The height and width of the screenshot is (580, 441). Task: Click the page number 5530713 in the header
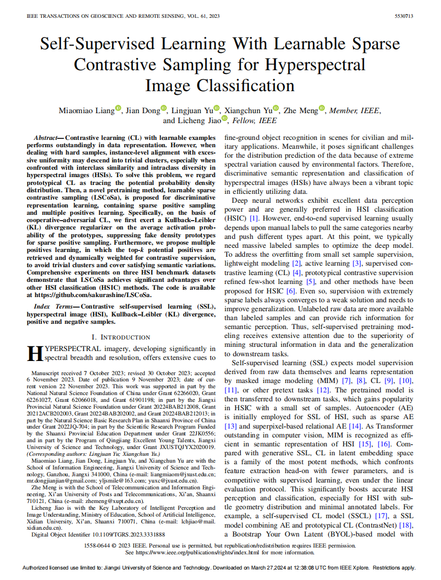[x=404, y=17]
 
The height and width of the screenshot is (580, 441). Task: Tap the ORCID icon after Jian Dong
[x=164, y=108]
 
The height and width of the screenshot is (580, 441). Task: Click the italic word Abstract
[x=45, y=136]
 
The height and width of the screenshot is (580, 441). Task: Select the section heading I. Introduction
[x=121, y=337]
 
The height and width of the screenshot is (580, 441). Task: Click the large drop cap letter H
[x=34, y=354]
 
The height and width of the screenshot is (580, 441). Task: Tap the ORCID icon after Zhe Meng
[x=322, y=108]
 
